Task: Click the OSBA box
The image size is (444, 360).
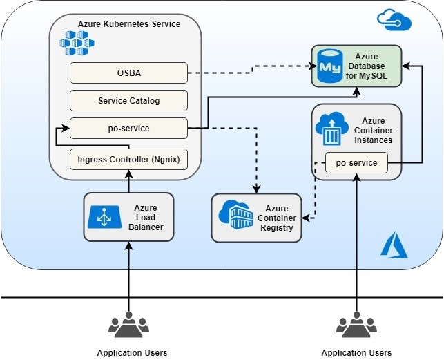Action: click(128, 73)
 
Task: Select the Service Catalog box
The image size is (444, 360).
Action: click(128, 100)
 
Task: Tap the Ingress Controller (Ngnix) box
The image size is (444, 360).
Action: click(128, 160)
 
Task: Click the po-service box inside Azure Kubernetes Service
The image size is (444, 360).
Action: click(128, 128)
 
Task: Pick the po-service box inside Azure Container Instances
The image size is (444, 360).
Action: click(356, 163)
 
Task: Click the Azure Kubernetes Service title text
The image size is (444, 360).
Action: click(129, 24)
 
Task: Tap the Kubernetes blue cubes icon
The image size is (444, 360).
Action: click(77, 44)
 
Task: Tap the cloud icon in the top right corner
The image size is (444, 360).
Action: click(394, 20)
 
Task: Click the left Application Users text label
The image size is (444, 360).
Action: click(132, 352)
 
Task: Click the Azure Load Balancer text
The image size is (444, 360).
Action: click(146, 217)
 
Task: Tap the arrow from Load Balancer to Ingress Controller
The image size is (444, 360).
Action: click(128, 182)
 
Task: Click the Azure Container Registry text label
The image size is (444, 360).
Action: click(276, 218)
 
